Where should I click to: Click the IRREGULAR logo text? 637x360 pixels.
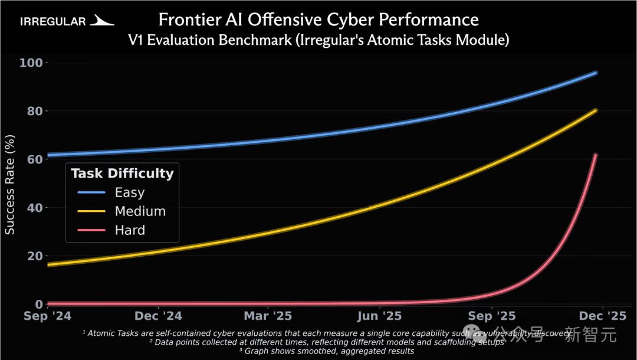tap(53, 22)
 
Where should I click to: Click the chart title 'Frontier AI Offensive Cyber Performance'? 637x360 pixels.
tap(318, 20)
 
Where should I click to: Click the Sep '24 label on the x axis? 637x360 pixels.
tap(48, 316)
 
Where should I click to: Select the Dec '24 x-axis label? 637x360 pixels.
tap(159, 316)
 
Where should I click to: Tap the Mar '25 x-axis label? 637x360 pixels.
tap(268, 316)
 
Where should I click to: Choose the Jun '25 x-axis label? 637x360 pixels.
tap(380, 316)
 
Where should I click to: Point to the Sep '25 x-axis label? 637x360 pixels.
tap(492, 316)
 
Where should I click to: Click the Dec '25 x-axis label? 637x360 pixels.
tap(602, 316)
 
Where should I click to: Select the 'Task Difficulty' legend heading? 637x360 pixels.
tap(122, 174)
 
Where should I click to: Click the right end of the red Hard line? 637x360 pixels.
tap(596, 155)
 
